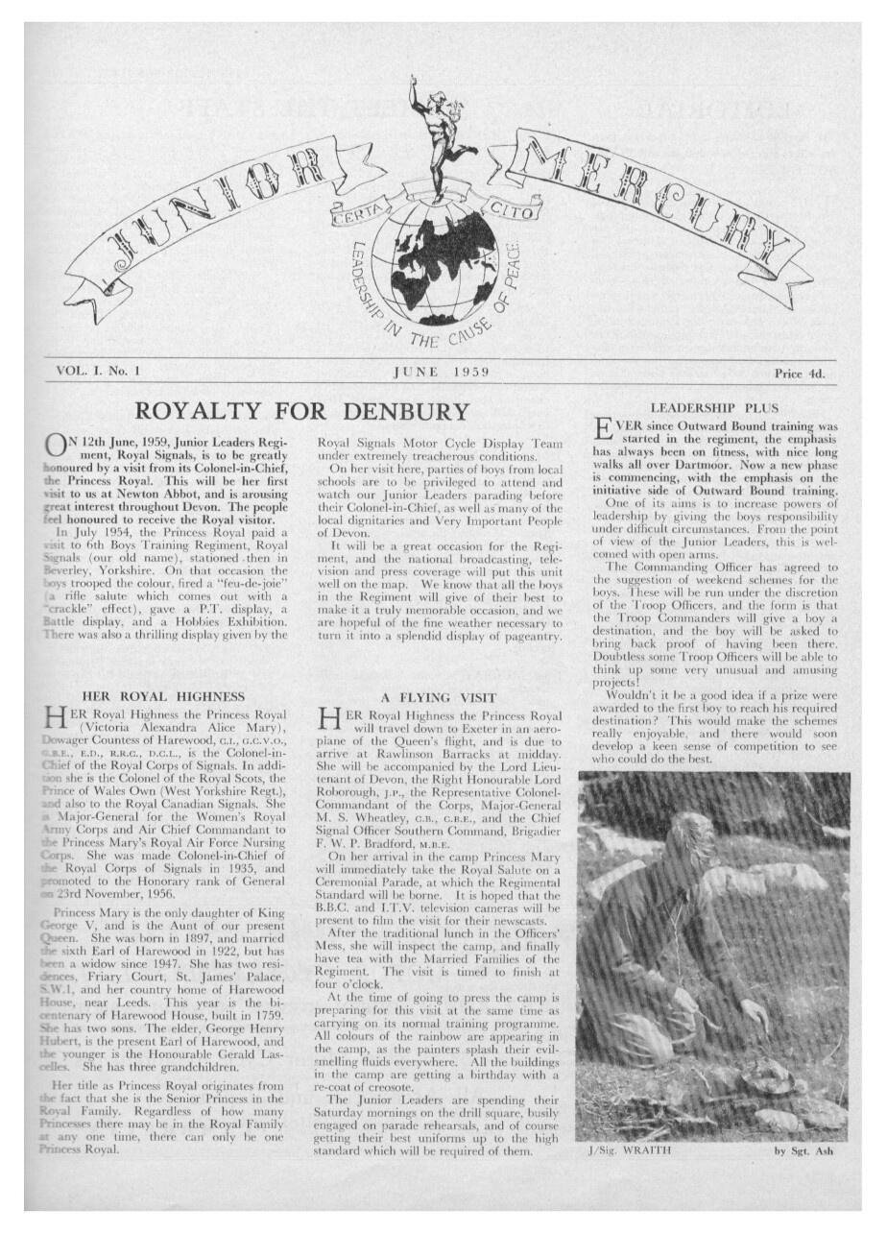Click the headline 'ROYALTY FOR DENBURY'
pos(302,411)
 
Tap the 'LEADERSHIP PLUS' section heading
pos(715,408)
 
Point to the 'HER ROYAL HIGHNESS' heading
pos(163,695)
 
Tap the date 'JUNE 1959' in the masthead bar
pos(442,372)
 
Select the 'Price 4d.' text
pos(799,373)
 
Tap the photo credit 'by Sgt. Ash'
pos(811,1149)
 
